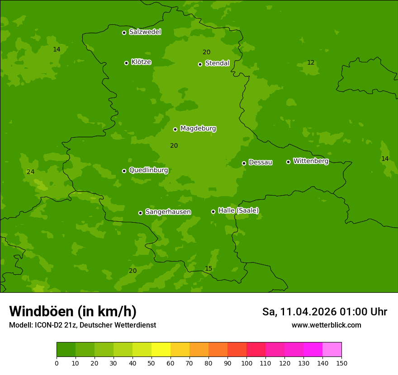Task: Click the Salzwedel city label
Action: tap(145, 32)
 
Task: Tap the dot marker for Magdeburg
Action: tap(175, 129)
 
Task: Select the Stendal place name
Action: tap(217, 63)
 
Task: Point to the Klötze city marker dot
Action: tap(127, 63)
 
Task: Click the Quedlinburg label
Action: tap(148, 170)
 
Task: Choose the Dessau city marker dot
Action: tap(244, 163)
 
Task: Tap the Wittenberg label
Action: tap(311, 161)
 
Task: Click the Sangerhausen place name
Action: tap(168, 212)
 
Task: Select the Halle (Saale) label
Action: tap(238, 211)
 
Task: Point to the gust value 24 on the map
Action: tap(30, 172)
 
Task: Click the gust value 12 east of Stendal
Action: tap(311, 63)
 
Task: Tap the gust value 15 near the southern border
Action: tap(208, 269)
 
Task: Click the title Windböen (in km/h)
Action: tap(73, 311)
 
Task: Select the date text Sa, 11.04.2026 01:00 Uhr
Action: tap(324, 312)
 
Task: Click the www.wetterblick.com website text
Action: tap(326, 325)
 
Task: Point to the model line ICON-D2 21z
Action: tap(82, 325)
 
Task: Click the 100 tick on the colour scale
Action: tap(246, 363)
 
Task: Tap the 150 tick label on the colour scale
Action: tap(341, 363)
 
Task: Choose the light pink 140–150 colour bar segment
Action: tap(332, 350)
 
